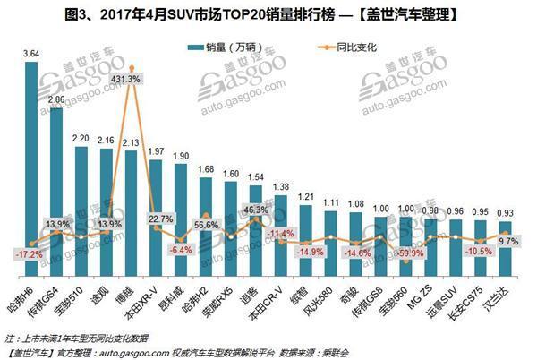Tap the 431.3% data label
tap(131, 79)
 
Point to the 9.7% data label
tap(507, 241)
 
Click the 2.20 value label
tap(81, 139)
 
